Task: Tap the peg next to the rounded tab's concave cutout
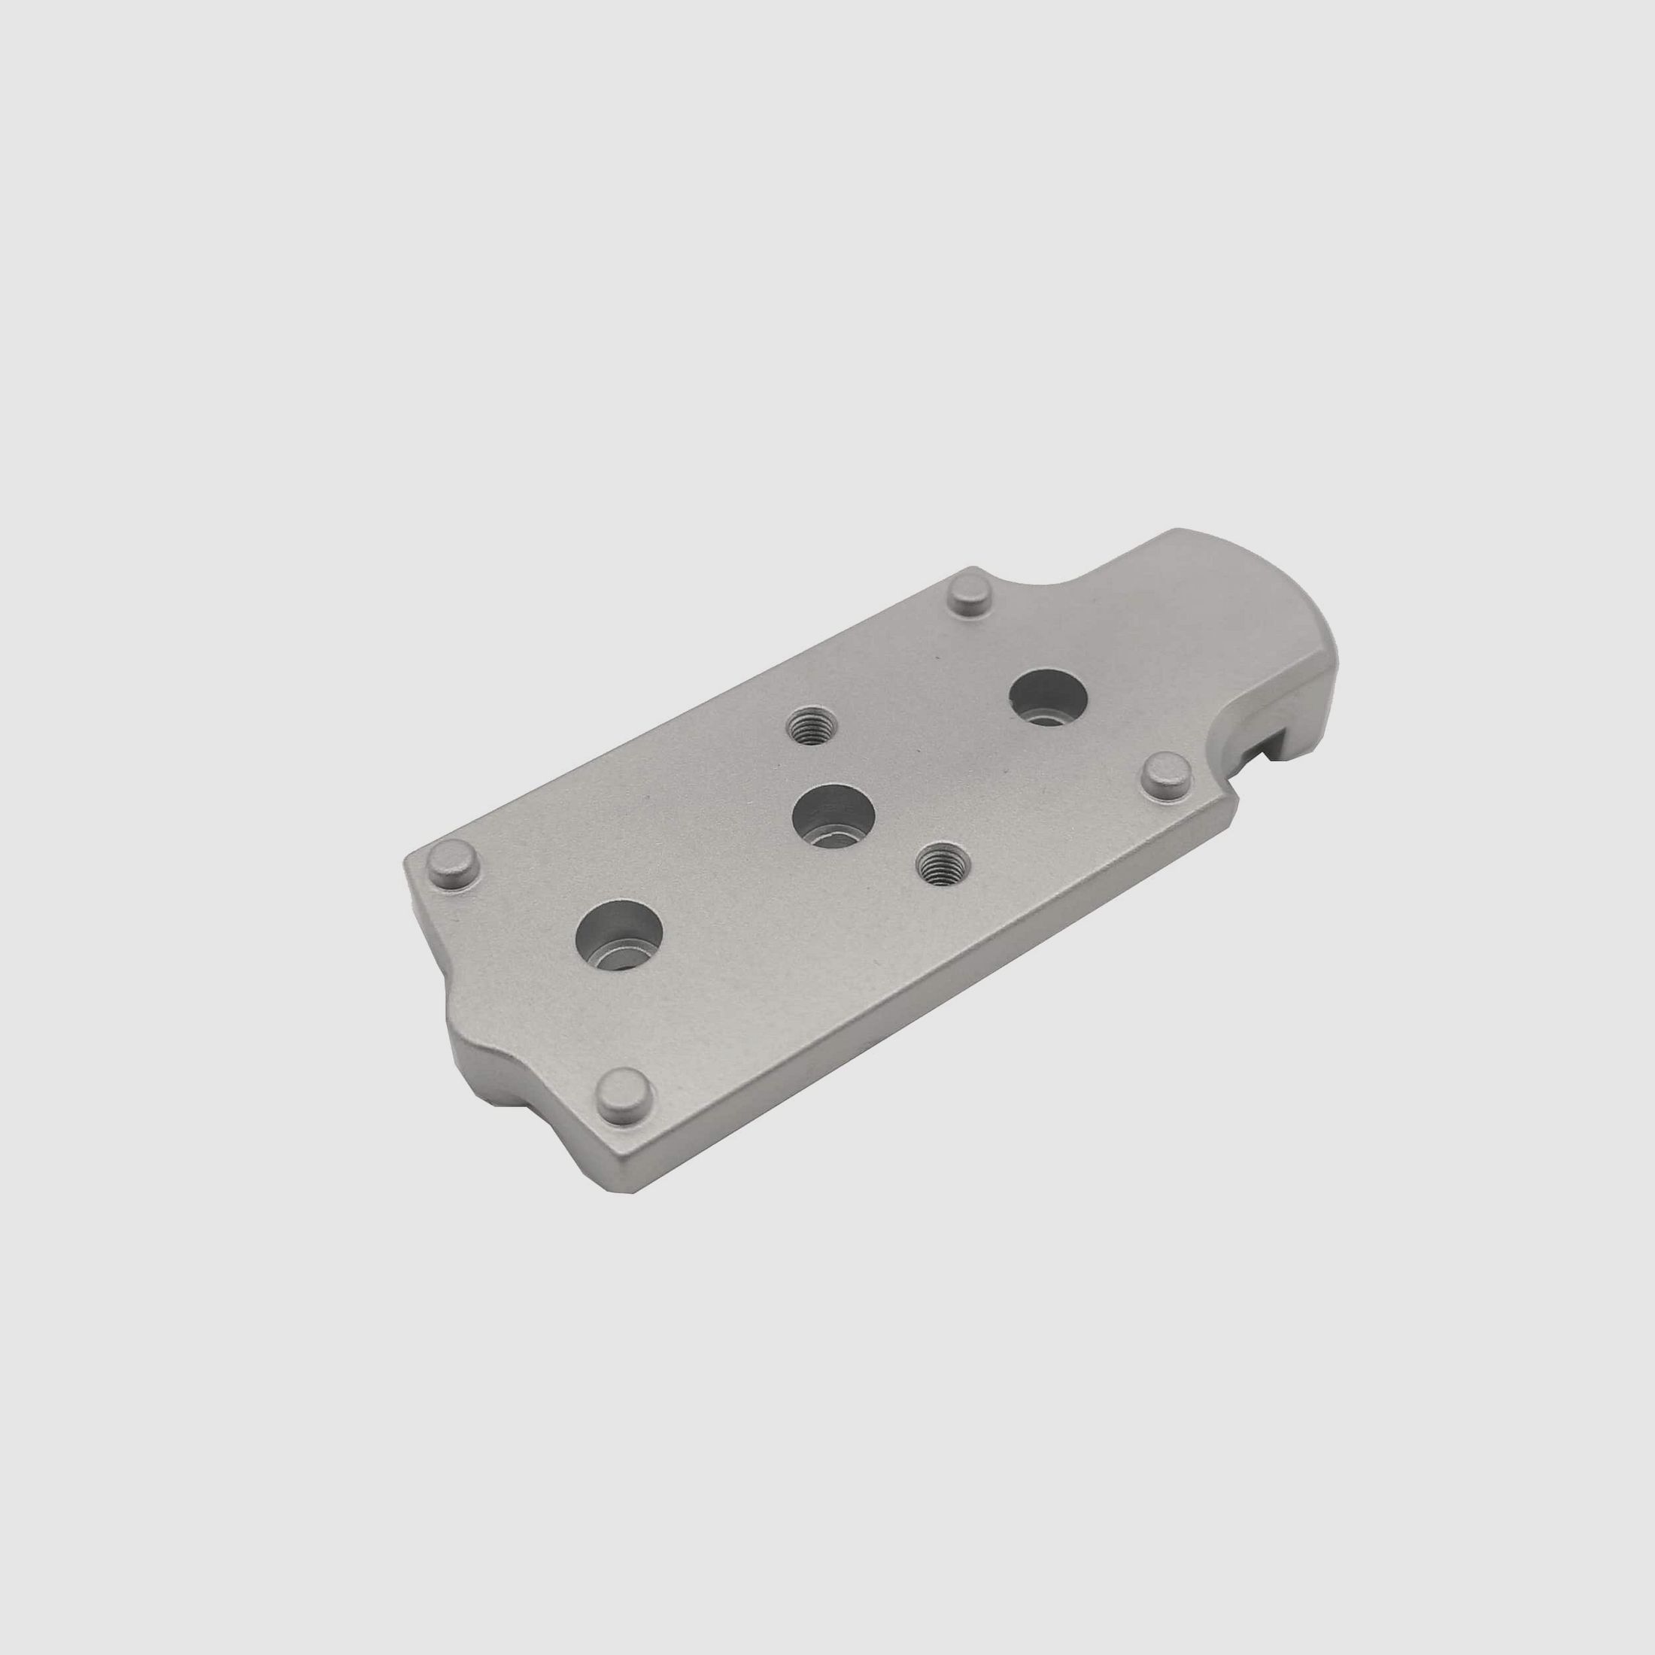[x=971, y=594]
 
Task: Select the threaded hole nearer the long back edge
[x=808, y=728]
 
